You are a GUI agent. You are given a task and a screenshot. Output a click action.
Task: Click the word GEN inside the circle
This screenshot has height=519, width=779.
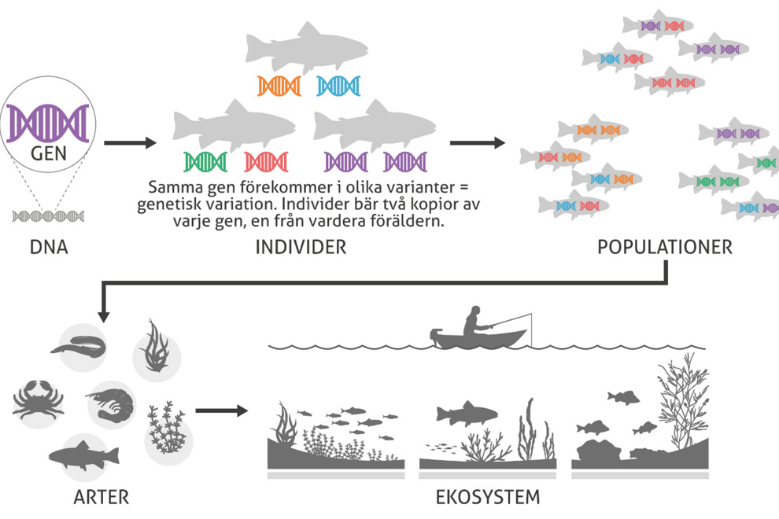click(48, 153)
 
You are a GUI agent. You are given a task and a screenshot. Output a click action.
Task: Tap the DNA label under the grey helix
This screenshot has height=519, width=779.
click(49, 247)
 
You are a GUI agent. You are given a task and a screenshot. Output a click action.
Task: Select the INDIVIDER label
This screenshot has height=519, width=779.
click(301, 247)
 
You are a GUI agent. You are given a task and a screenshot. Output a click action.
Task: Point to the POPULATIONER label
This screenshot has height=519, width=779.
click(665, 247)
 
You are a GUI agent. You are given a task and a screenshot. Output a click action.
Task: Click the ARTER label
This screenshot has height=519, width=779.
click(102, 497)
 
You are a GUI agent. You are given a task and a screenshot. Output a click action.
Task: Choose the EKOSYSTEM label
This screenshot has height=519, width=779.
click(488, 497)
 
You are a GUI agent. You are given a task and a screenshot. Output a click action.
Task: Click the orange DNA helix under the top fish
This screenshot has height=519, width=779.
click(279, 86)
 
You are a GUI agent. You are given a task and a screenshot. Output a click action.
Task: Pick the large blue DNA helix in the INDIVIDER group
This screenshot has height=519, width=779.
click(338, 86)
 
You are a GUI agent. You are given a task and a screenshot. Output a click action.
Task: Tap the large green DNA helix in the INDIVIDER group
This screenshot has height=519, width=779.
click(205, 162)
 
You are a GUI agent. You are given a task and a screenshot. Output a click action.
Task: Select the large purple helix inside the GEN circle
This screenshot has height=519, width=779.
click(48, 123)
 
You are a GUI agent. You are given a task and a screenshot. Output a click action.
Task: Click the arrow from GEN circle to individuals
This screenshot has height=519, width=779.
click(130, 143)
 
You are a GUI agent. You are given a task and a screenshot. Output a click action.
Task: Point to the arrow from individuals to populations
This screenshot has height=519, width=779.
click(478, 143)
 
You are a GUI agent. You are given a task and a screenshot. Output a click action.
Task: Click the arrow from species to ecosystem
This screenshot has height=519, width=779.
click(222, 410)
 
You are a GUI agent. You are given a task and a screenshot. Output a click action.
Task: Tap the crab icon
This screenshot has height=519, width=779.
click(39, 399)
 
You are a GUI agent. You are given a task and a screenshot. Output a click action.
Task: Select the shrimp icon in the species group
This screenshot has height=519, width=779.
click(111, 405)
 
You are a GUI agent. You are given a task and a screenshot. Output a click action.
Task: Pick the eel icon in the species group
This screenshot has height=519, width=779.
click(79, 345)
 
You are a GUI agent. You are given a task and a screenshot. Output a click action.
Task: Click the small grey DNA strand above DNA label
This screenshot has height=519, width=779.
click(48, 216)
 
